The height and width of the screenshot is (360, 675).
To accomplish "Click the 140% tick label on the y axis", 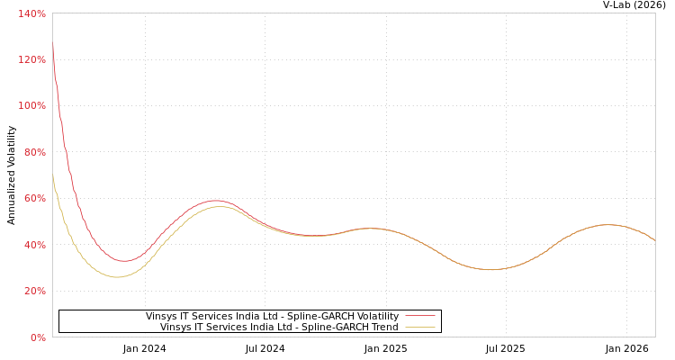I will tap(32, 13).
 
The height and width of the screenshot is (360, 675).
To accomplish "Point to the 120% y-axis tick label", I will tap(32, 59).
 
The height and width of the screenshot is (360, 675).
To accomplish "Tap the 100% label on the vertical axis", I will tap(32, 105).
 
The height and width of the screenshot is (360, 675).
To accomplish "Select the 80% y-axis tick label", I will tap(35, 152).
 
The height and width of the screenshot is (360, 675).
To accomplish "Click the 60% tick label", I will tap(35, 198).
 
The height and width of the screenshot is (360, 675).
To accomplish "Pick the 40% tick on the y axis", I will tap(35, 245).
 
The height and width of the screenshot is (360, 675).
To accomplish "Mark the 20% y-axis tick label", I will tap(35, 291).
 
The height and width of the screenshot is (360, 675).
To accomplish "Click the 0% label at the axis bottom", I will tap(39, 337).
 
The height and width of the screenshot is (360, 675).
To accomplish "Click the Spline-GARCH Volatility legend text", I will tap(272, 316).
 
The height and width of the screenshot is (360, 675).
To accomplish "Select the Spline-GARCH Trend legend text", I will tap(279, 327).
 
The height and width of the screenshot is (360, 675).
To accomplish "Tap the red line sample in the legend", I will tap(419, 316).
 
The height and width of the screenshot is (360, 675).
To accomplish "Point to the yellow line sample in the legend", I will tap(419, 327).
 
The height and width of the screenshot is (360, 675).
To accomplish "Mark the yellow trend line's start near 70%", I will tap(53, 176).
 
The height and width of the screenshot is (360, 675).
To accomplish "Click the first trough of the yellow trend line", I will tap(117, 277).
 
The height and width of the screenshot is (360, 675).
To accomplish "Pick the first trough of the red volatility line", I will tap(123, 261).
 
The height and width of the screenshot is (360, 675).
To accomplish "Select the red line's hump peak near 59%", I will tap(214, 201).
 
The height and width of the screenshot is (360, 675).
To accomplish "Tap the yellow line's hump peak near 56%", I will tap(218, 206).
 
